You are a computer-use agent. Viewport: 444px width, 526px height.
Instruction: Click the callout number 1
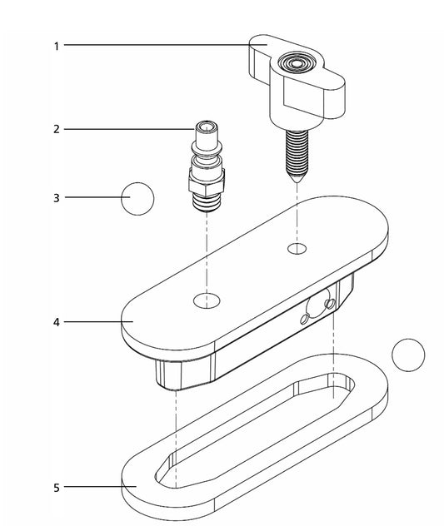(x=57, y=47)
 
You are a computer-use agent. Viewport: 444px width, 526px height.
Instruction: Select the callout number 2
(x=57, y=129)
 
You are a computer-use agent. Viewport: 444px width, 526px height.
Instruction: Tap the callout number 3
(x=57, y=198)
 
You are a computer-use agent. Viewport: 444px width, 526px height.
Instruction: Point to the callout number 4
(x=57, y=322)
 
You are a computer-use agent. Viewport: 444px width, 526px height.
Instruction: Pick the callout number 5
(x=57, y=488)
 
